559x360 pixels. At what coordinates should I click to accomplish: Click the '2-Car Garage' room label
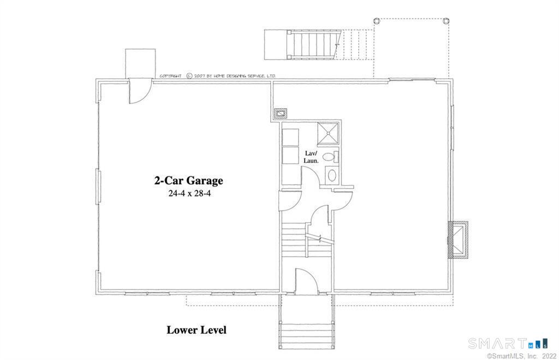pyautogui.click(x=188, y=180)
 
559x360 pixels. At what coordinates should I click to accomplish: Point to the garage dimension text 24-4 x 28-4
pyautogui.click(x=188, y=193)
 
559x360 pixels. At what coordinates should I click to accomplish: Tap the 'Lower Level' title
pyautogui.click(x=196, y=330)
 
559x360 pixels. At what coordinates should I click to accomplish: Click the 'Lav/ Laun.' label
pyautogui.click(x=311, y=157)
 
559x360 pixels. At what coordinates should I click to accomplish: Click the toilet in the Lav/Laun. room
pyautogui.click(x=329, y=157)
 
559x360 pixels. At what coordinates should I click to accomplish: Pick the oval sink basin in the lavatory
pyautogui.click(x=331, y=175)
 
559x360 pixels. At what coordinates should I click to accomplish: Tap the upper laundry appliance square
pyautogui.click(x=290, y=137)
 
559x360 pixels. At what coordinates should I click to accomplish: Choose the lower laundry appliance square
pyautogui.click(x=290, y=155)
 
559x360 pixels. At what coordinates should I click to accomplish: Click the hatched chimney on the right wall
pyautogui.click(x=457, y=239)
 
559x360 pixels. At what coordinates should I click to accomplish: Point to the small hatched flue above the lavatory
pyautogui.click(x=281, y=114)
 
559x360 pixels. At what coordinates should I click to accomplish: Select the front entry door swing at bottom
pyautogui.click(x=306, y=281)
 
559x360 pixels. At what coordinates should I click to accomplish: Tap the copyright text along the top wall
pyautogui.click(x=217, y=76)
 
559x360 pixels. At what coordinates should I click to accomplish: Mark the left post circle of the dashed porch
pyautogui.click(x=376, y=20)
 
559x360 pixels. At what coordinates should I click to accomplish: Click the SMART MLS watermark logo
pyautogui.click(x=508, y=344)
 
